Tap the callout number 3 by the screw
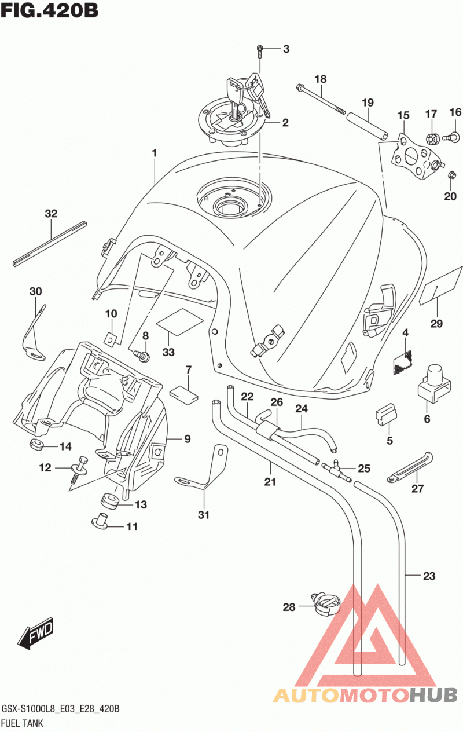286,49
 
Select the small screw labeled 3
260,52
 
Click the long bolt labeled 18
321,100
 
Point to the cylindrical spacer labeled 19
368,126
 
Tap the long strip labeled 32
50,244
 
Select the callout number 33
168,352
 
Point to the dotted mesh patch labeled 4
403,362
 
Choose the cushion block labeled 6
434,383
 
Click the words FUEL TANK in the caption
22,723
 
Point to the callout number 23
429,576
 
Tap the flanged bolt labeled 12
80,470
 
